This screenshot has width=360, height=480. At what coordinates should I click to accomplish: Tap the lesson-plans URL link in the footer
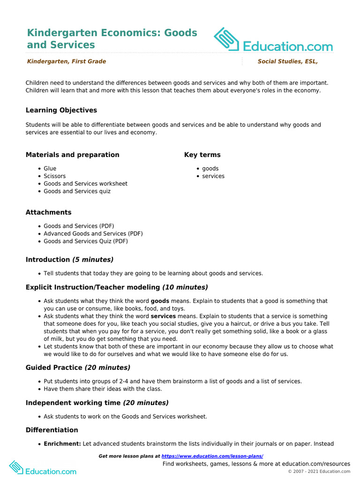[212, 456]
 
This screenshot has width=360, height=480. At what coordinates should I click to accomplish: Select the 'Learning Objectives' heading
[61, 110]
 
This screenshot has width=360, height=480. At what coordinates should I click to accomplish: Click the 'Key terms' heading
[202, 155]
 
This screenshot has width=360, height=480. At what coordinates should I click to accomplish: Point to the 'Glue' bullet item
[50, 168]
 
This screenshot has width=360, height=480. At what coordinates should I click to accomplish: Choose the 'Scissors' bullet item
[55, 176]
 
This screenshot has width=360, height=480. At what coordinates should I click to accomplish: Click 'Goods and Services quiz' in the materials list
[77, 191]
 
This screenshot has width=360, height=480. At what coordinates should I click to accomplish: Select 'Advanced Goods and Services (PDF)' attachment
[93, 233]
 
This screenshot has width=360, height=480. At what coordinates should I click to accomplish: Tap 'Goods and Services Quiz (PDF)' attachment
[86, 241]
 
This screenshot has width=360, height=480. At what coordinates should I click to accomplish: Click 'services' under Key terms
[213, 176]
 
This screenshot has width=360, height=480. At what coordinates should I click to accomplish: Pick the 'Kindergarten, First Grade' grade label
[67, 61]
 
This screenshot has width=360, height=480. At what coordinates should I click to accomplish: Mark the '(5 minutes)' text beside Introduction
[93, 260]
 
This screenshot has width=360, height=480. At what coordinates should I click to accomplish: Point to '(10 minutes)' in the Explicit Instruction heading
[185, 287]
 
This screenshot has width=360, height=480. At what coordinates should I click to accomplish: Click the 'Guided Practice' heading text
[54, 368]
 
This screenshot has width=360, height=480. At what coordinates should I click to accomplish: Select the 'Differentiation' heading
[52, 430]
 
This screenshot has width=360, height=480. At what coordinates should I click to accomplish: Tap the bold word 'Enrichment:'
[62, 443]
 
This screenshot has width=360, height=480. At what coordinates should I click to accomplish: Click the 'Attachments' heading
[49, 212]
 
